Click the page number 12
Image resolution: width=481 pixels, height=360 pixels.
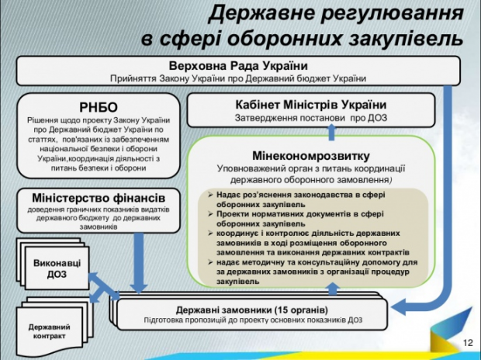coord(466,344)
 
